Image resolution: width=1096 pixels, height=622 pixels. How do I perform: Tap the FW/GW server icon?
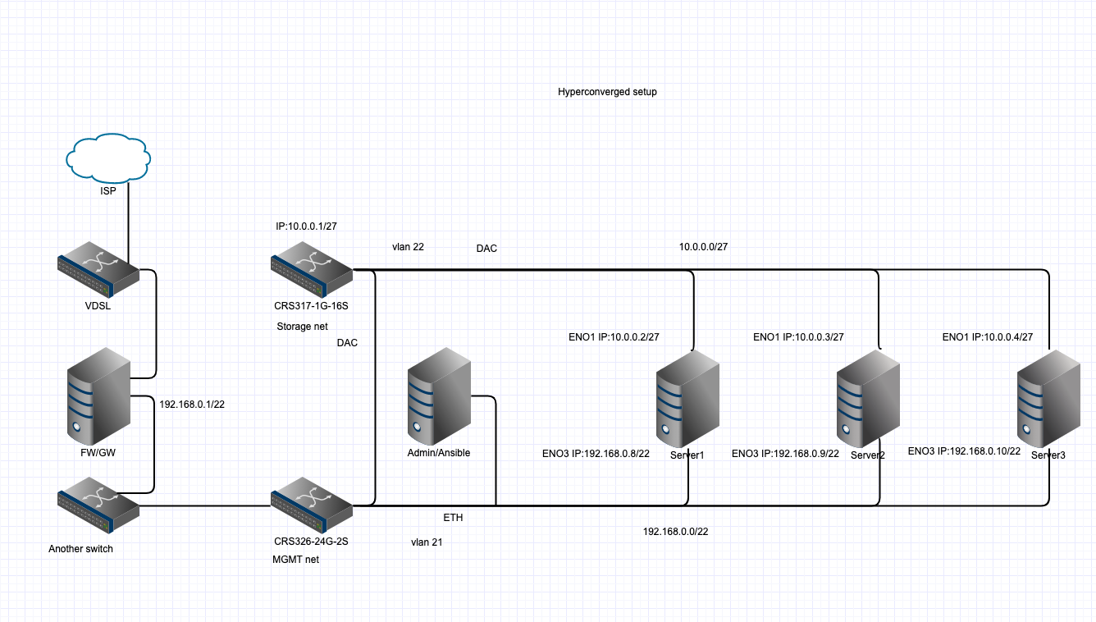tap(98, 396)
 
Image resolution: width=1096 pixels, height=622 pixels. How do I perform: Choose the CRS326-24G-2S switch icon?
tap(312, 510)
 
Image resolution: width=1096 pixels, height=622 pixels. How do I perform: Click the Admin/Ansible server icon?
tap(439, 396)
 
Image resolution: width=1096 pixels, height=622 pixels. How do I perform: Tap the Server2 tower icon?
tap(868, 397)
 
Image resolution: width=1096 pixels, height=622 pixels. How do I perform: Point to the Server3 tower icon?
tap(1048, 397)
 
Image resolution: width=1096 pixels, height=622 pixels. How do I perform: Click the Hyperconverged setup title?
tap(607, 92)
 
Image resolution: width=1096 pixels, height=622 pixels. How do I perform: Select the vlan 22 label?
tap(408, 246)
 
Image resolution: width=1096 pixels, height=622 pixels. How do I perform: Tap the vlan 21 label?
tap(427, 542)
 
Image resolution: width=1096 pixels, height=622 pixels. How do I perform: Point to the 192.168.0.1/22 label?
tap(191, 404)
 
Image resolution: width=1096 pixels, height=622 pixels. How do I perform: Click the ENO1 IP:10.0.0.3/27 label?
tap(798, 336)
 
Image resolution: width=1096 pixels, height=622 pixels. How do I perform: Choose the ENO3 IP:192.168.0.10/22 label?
tap(963, 451)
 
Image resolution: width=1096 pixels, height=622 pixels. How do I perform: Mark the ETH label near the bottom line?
tap(453, 519)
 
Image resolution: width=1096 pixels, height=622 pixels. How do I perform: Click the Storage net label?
tap(302, 327)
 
